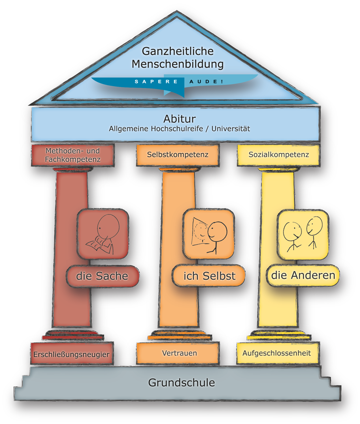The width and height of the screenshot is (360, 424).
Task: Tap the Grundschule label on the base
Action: point(181,382)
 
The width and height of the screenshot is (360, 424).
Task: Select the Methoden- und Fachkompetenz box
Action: point(73,155)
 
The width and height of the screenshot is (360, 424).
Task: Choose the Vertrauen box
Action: point(179,354)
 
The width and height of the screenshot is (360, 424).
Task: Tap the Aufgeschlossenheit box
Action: point(276,354)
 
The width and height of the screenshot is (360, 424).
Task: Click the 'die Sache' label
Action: point(102,276)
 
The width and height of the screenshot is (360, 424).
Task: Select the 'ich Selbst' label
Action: point(210,276)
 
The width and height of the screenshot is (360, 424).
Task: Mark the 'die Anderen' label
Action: point(303,275)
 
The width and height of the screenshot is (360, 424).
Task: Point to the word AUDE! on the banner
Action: point(203,82)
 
